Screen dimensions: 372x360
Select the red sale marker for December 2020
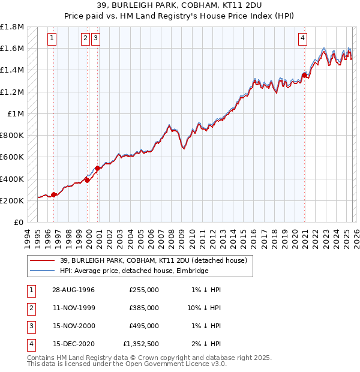tap(305, 76)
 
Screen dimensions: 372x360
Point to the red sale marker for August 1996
tap(54, 194)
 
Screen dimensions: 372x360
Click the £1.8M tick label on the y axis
tap(12, 27)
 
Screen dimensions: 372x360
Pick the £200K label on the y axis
tap(12, 200)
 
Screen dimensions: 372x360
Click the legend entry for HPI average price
tap(133, 271)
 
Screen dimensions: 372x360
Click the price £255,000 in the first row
tap(144, 289)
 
